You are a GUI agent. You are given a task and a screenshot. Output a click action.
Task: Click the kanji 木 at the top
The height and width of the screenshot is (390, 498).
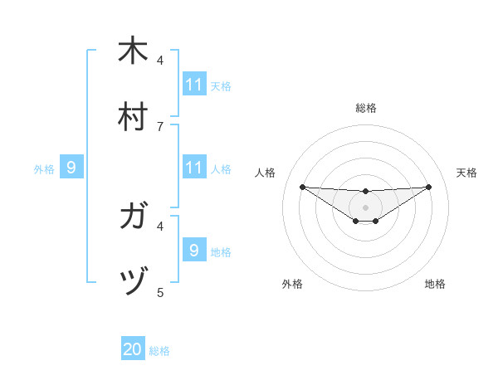point(134,51)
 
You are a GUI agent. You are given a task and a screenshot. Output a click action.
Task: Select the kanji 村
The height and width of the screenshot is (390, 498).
point(134,116)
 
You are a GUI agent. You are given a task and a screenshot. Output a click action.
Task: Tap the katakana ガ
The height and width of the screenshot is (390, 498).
point(134,218)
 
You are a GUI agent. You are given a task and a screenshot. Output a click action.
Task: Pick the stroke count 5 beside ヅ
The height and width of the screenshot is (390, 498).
point(160,292)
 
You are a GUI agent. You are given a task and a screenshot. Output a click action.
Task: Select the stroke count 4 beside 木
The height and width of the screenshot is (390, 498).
point(160,60)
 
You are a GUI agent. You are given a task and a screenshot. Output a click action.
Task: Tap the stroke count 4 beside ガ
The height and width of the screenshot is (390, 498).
point(160,225)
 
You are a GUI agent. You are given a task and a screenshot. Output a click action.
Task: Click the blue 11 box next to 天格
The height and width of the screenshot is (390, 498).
point(194,85)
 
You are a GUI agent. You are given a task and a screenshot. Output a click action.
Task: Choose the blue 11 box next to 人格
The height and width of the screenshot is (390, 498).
point(194,168)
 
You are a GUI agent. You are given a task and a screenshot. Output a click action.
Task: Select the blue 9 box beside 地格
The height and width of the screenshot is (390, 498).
point(194,250)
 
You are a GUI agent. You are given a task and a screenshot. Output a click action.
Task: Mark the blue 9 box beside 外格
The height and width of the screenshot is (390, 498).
point(71,168)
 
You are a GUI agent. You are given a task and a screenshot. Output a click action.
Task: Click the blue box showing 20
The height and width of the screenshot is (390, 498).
point(133,349)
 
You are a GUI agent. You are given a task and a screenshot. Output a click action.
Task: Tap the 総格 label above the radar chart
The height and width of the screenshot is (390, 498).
point(366,108)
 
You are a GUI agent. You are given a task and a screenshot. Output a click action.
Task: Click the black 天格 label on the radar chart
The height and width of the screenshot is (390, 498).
point(466,173)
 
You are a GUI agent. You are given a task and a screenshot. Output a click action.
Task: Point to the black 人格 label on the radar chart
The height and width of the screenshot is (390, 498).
point(266,173)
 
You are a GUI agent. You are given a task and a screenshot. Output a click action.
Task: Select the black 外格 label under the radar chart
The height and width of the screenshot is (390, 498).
point(292,284)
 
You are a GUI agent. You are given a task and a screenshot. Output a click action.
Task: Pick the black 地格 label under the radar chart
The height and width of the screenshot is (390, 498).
point(435,284)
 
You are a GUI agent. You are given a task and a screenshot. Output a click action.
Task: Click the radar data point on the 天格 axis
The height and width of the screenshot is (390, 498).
point(429,186)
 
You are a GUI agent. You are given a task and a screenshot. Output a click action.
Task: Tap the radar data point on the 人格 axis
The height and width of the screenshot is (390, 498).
point(302,186)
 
